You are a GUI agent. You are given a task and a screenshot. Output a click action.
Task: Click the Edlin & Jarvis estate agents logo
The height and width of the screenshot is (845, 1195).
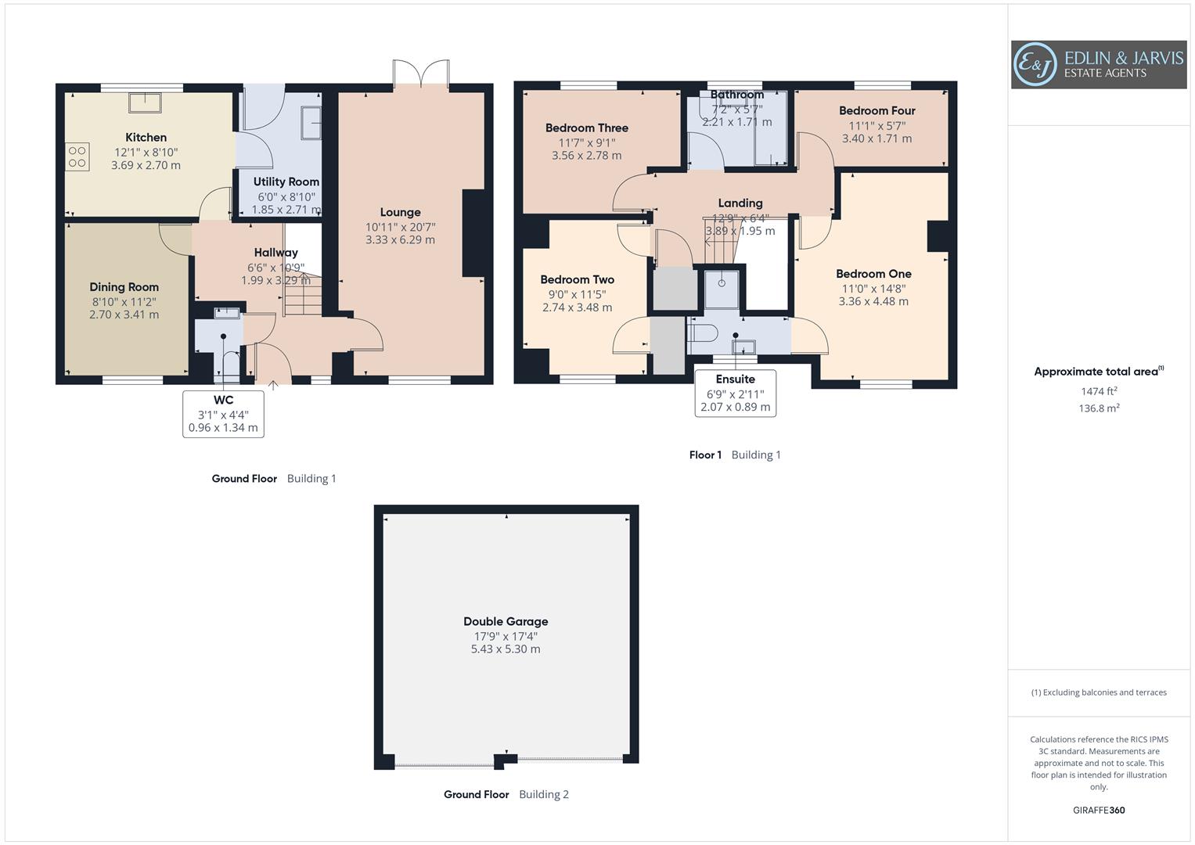pyautogui.click(x=1098, y=64)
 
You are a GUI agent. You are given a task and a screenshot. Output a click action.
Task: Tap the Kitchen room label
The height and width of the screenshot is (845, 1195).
pyautogui.click(x=146, y=138)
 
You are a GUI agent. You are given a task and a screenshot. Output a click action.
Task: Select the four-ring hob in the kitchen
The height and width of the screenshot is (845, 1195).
pyautogui.click(x=77, y=156)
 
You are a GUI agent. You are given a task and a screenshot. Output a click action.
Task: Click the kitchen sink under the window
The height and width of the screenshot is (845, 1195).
pyautogui.click(x=145, y=102)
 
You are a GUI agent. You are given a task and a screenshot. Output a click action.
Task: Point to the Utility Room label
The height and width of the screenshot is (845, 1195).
pyautogui.click(x=286, y=182)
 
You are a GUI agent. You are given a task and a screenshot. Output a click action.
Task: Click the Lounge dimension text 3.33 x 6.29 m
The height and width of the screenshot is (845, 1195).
pyautogui.click(x=400, y=240)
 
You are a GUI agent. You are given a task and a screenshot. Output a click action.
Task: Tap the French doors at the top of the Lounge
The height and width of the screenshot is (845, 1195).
pyautogui.click(x=421, y=74)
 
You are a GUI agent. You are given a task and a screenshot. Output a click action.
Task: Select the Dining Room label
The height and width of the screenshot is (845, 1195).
pyautogui.click(x=124, y=287)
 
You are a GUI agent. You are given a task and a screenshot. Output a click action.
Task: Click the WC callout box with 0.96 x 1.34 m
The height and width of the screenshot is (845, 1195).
pyautogui.click(x=223, y=414)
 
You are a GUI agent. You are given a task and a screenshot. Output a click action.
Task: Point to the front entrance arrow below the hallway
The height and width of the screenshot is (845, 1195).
pyautogui.click(x=273, y=385)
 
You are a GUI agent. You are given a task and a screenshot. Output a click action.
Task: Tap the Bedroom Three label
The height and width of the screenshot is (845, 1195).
pyautogui.click(x=586, y=128)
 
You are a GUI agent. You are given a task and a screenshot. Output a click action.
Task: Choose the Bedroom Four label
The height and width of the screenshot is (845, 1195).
pyautogui.click(x=876, y=111)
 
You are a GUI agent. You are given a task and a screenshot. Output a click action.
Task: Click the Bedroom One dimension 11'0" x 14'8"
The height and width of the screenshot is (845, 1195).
pyautogui.click(x=873, y=288)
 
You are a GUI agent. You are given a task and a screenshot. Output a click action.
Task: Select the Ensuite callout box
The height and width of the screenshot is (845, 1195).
pyautogui.click(x=735, y=393)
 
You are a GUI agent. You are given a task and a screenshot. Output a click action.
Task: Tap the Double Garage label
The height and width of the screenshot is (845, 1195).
pyautogui.click(x=506, y=621)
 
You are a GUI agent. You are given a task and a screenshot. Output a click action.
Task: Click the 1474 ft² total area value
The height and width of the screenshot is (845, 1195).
pyautogui.click(x=1099, y=391)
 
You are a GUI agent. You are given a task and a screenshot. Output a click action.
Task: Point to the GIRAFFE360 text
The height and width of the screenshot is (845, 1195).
pyautogui.click(x=1098, y=810)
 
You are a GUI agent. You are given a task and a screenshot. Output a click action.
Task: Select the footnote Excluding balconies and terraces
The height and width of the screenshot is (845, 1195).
pyautogui.click(x=1098, y=692)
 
